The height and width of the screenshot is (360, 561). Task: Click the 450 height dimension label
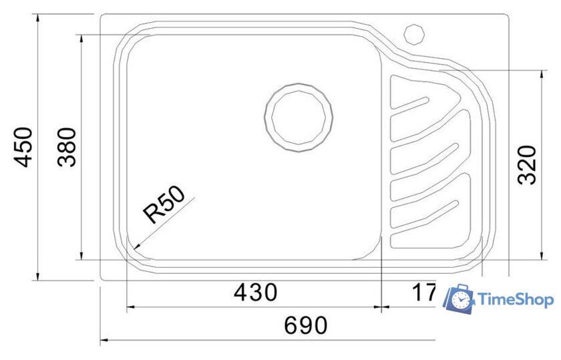coord(24,147)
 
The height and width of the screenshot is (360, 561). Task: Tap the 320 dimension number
coord(528,164)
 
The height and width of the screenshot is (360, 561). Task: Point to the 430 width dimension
coord(254,293)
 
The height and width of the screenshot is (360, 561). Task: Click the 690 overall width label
coord(305,325)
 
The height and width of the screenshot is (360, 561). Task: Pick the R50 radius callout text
coord(164,205)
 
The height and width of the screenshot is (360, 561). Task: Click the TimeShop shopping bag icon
coord(459,300)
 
